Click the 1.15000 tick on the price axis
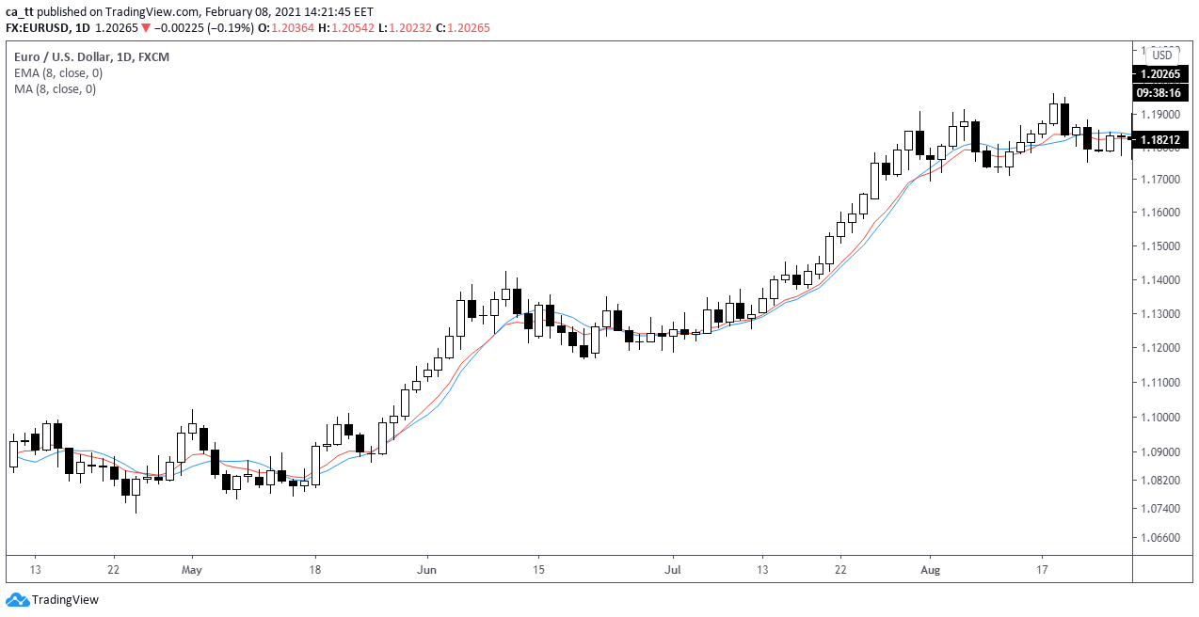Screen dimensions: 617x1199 click(x=1159, y=246)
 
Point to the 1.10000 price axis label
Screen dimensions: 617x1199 click(x=1159, y=417)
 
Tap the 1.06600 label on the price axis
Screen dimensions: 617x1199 click(x=1159, y=538)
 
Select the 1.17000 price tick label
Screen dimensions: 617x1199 click(x=1159, y=179)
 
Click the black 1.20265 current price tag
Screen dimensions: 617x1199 click(x=1164, y=73)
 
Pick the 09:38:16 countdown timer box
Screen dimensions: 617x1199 click(x=1164, y=92)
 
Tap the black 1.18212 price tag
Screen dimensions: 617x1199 click(x=1164, y=140)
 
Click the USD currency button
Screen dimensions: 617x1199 click(x=1162, y=55)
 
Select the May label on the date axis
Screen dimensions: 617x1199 click(x=192, y=570)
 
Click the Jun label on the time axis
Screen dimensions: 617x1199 click(x=427, y=570)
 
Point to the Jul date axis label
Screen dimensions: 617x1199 click(x=672, y=570)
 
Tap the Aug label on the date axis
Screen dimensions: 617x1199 click(x=930, y=570)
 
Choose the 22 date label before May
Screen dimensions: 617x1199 click(x=114, y=570)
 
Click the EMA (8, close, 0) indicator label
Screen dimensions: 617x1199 click(x=58, y=73)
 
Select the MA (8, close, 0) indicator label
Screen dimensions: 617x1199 click(x=55, y=89)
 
